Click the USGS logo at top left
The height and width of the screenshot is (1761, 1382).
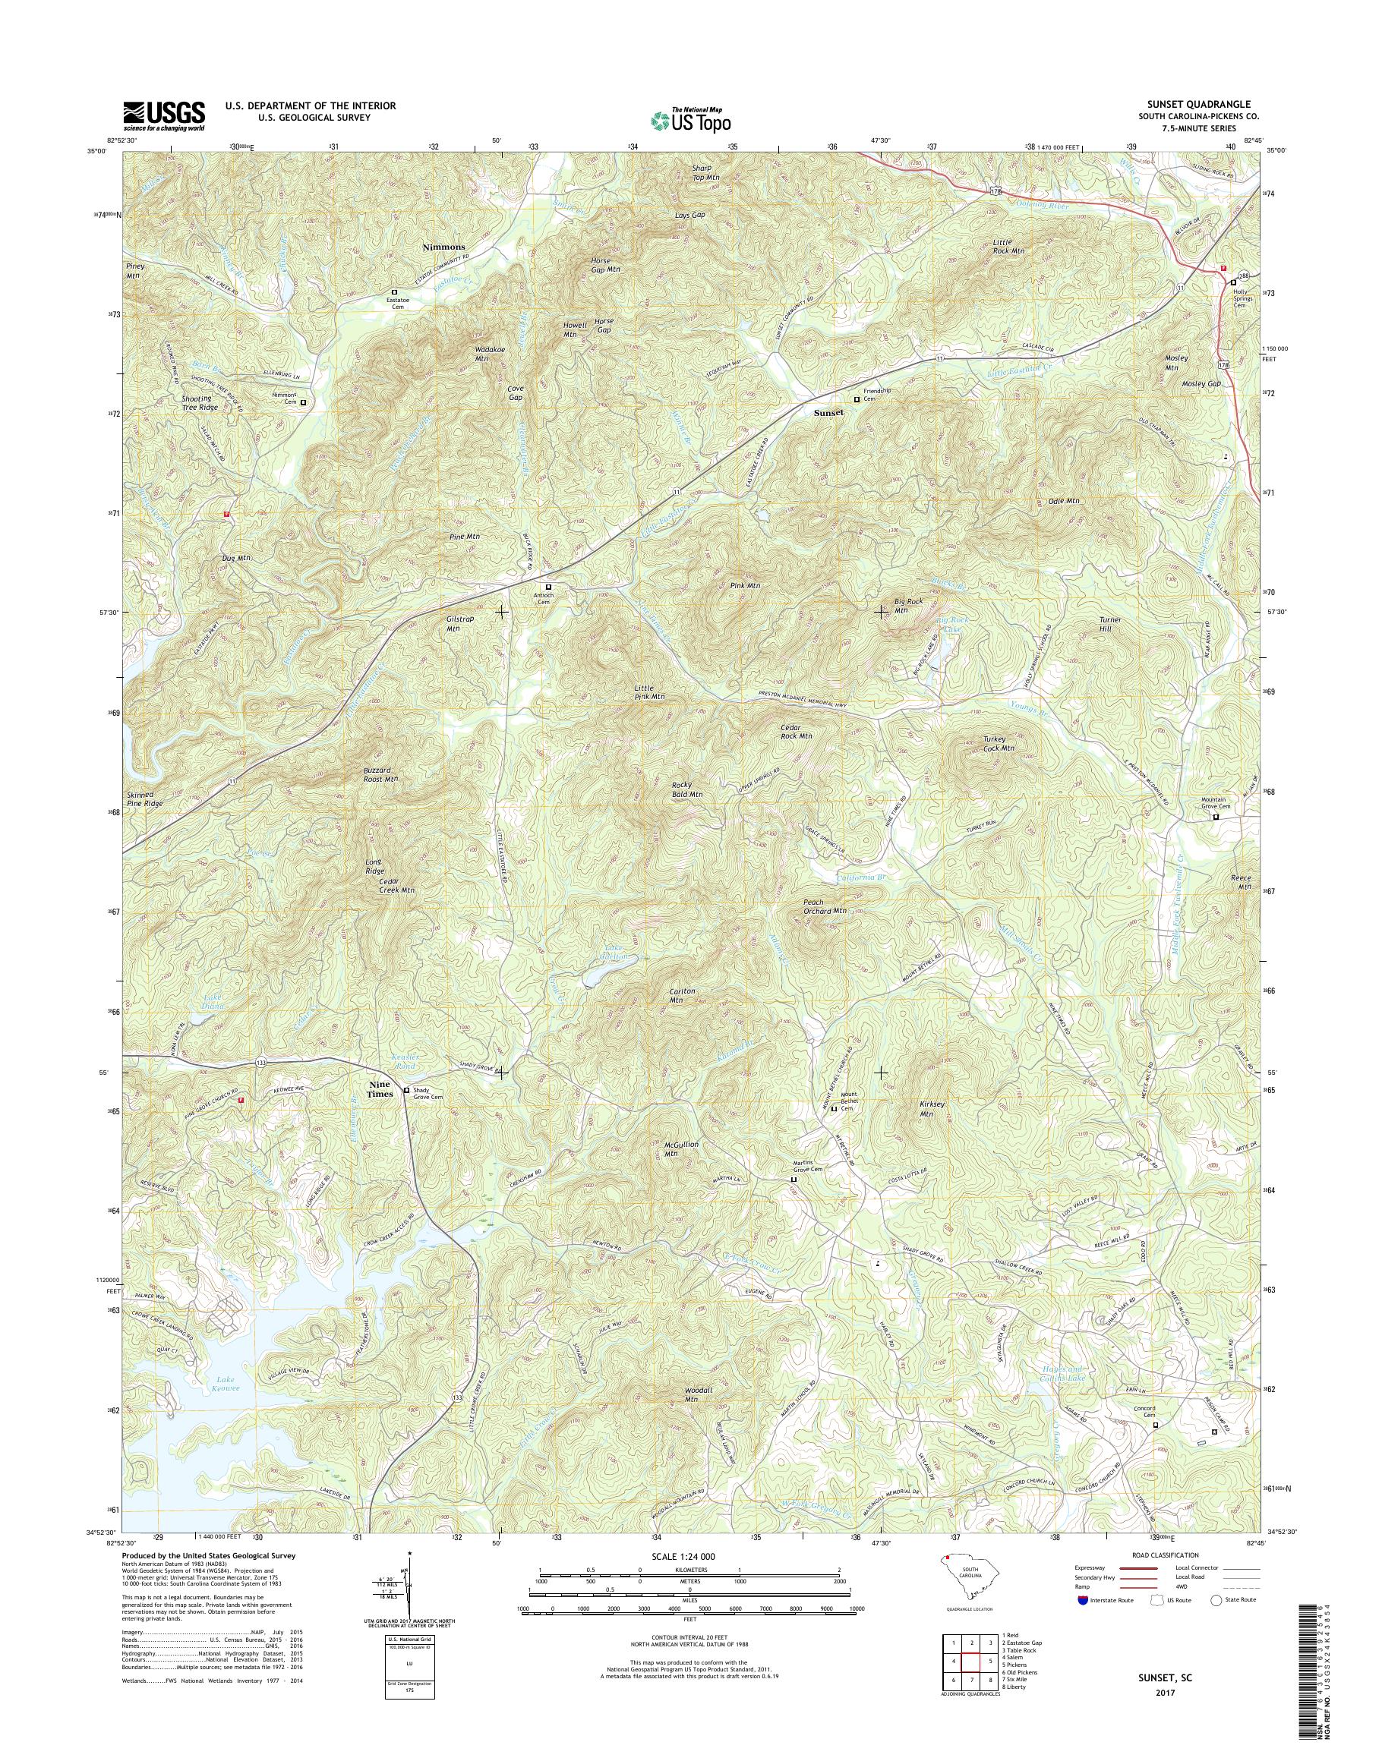[x=164, y=115]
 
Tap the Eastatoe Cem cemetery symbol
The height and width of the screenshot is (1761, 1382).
[x=396, y=291]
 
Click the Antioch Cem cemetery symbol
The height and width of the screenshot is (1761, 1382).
[x=547, y=587]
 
